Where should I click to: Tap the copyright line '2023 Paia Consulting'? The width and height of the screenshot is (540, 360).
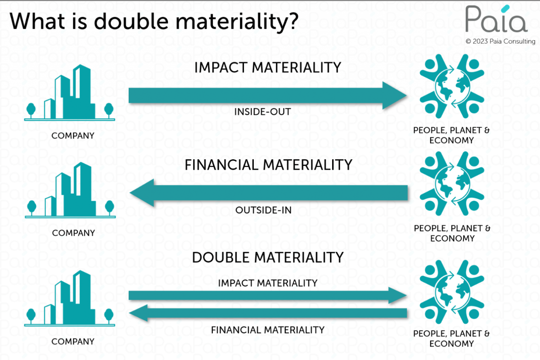[500, 41]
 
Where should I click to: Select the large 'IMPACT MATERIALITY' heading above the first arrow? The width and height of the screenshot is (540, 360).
[268, 67]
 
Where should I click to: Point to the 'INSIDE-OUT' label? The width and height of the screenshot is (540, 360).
[263, 112]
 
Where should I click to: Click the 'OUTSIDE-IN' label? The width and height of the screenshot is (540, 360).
[263, 210]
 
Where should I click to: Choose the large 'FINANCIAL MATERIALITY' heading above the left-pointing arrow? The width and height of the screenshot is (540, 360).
[268, 165]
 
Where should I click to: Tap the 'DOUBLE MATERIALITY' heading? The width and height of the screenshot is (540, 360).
[268, 257]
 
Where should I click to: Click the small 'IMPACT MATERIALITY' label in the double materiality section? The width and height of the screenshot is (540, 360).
[268, 283]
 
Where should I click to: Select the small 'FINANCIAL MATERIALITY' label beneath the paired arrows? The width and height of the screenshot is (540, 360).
[268, 330]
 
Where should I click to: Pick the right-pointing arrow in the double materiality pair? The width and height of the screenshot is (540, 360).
[268, 296]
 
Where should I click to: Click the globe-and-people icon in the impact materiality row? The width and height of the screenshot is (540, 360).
[451, 88]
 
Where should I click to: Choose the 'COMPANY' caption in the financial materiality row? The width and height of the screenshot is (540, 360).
[73, 233]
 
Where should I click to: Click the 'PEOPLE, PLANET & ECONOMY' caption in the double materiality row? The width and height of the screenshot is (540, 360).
[451, 338]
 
